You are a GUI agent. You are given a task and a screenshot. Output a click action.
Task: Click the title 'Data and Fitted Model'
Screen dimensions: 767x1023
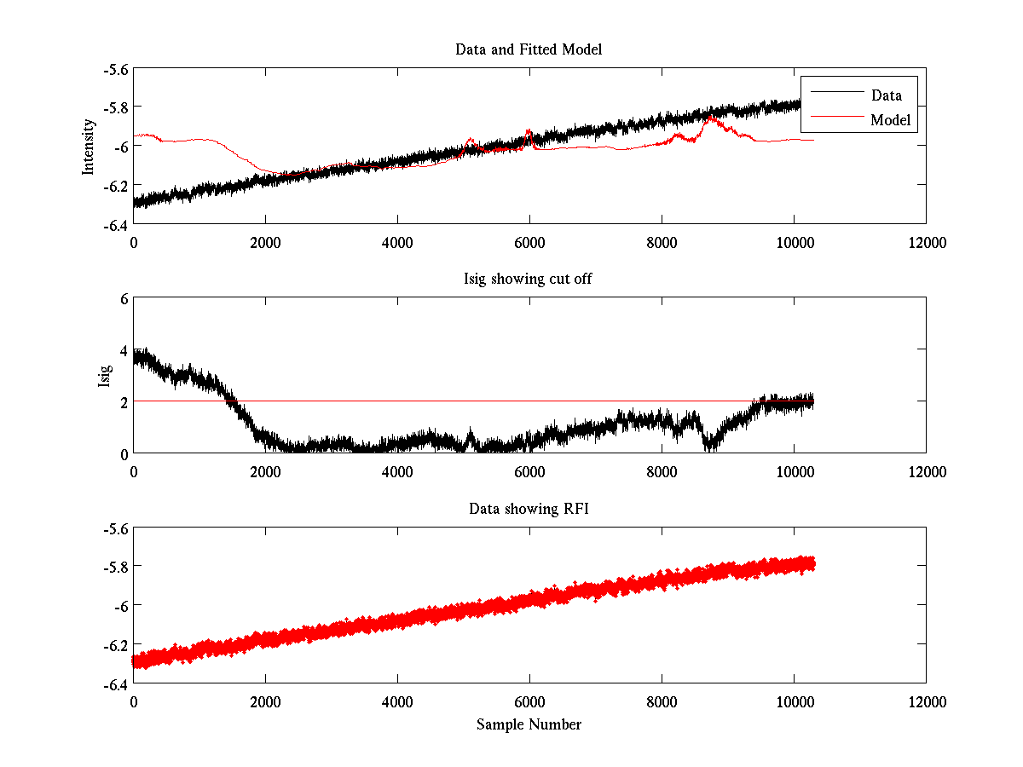529,49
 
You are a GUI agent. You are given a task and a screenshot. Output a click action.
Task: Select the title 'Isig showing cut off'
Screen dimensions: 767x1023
529,280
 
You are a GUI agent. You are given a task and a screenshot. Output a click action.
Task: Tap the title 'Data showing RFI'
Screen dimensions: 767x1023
529,509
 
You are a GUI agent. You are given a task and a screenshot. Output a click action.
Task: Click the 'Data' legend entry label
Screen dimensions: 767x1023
886,95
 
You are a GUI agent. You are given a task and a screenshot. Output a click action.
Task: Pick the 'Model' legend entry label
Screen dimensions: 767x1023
890,120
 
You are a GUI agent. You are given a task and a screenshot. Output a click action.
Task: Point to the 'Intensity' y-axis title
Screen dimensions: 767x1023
88,147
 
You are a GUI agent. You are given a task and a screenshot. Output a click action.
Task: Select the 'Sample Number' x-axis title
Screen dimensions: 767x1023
529,724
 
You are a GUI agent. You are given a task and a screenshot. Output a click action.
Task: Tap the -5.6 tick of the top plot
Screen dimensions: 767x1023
115,69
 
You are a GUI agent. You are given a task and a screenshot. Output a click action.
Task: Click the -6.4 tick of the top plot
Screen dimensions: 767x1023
115,224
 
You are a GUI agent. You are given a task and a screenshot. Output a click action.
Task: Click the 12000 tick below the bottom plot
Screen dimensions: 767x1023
926,701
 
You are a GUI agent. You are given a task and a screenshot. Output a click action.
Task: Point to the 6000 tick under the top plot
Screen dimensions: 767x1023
529,242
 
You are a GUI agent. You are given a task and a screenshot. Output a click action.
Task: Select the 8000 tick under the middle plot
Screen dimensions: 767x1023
662,471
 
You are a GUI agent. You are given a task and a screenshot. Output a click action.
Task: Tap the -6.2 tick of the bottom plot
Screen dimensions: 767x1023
115,644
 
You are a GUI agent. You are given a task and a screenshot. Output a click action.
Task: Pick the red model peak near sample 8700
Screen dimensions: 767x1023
710,118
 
